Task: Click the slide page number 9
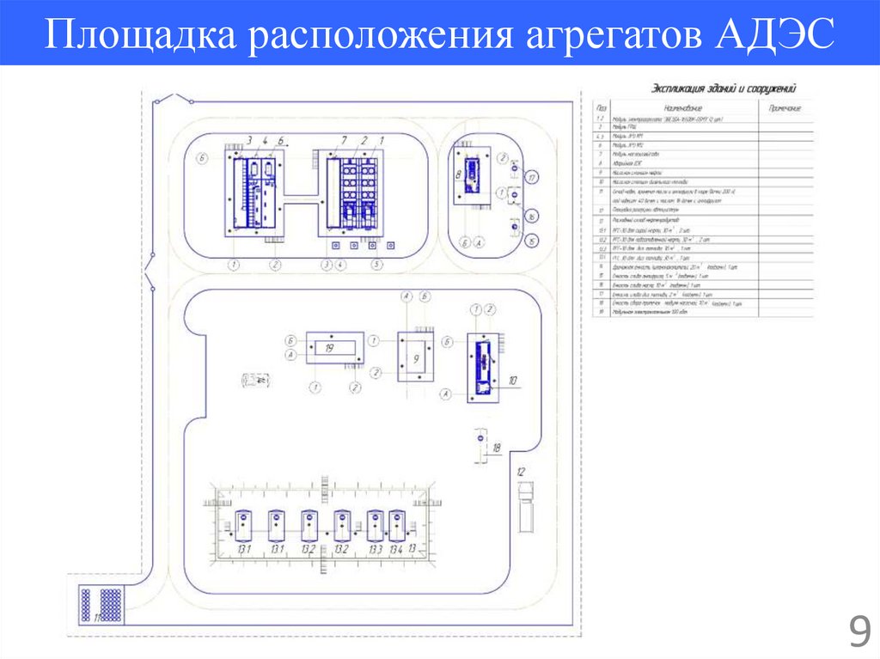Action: tap(859, 634)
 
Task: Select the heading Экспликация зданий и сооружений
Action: tap(723, 88)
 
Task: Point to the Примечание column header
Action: tap(784, 108)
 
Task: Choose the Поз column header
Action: tap(602, 108)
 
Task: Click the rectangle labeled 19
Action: tap(335, 348)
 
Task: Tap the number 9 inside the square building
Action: tap(416, 358)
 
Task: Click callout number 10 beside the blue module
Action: tap(513, 379)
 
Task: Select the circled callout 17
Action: tap(533, 178)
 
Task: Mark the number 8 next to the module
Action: tap(458, 174)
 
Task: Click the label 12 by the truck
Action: tap(520, 472)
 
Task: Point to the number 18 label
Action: tap(496, 448)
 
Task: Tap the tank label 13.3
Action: tap(375, 549)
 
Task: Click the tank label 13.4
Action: tap(395, 549)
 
